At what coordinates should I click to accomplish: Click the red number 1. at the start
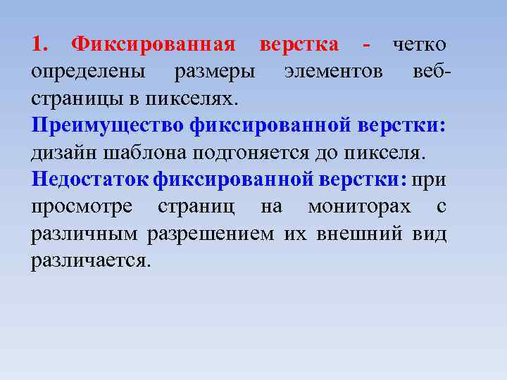pyautogui.click(x=40, y=45)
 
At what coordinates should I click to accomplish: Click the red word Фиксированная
pyautogui.click(x=154, y=45)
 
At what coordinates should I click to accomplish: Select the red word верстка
pyautogui.click(x=299, y=45)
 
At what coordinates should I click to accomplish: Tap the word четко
pyautogui.click(x=419, y=45)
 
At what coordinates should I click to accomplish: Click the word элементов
pyautogui.click(x=334, y=72)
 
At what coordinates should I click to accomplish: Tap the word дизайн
pyautogui.click(x=66, y=153)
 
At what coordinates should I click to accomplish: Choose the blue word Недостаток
pyautogui.click(x=90, y=179)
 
